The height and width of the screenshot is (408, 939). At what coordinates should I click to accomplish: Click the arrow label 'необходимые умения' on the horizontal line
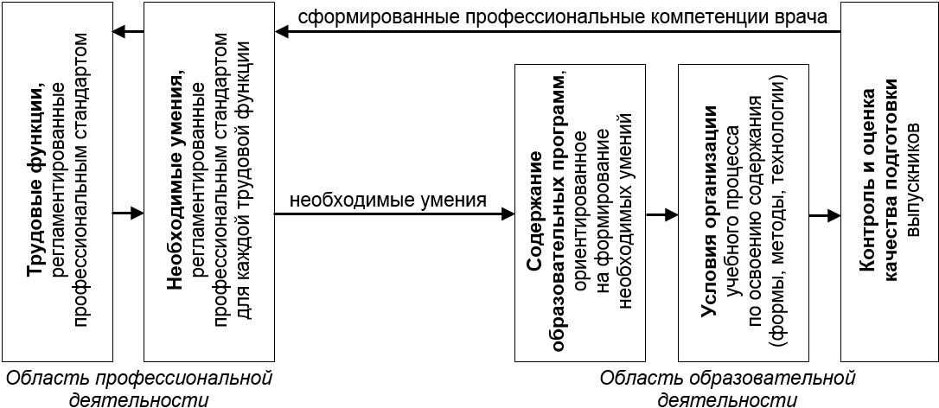pos(387,201)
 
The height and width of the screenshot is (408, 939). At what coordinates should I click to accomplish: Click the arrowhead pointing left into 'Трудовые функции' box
pos(119,33)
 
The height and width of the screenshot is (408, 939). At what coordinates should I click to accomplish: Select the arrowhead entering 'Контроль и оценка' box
pos(834,214)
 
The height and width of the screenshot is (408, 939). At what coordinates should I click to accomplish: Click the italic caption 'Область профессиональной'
pos(138,379)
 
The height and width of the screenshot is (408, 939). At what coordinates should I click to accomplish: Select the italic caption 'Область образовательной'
pos(727,379)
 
